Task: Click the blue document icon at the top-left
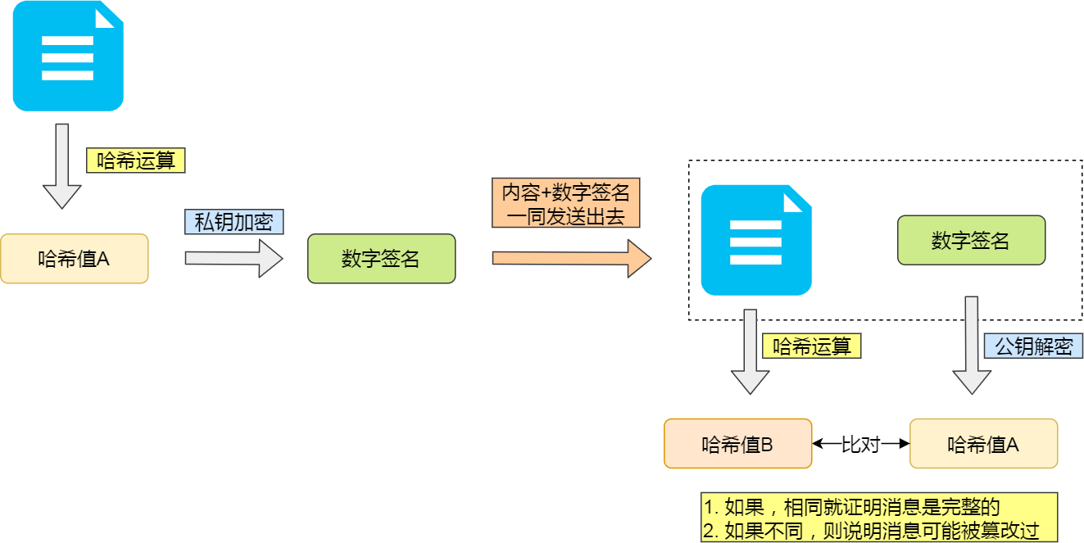click(68, 56)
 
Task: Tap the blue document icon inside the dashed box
click(756, 240)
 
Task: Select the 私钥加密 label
click(234, 222)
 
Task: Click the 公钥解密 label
click(1033, 346)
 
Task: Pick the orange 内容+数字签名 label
click(565, 203)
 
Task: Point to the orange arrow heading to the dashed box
click(571, 258)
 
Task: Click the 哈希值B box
click(737, 444)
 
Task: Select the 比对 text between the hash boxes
click(860, 444)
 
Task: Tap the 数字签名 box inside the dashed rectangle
click(971, 240)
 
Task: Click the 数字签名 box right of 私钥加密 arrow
click(381, 259)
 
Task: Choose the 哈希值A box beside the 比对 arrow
click(983, 444)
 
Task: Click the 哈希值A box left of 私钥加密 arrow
click(74, 259)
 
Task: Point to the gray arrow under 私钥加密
click(234, 259)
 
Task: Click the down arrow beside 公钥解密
click(972, 344)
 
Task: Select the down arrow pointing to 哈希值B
click(750, 351)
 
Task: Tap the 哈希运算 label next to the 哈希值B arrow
click(811, 346)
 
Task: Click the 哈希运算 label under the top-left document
click(136, 161)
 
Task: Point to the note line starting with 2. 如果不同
click(870, 530)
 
